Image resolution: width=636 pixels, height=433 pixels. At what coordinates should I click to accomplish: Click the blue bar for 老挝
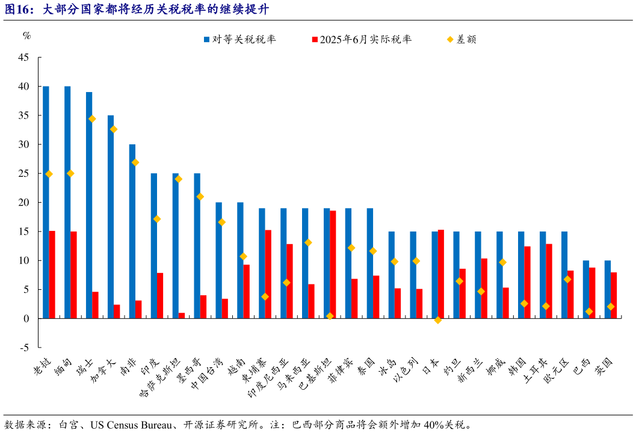coord(46,202)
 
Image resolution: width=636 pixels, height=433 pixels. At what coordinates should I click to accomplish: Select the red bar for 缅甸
coord(73,275)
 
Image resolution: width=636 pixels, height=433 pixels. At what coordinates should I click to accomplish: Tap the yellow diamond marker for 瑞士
coord(92,119)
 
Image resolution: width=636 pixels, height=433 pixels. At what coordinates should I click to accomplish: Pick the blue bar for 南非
coord(132,231)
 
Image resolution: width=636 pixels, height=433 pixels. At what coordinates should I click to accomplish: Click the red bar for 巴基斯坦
coord(333,265)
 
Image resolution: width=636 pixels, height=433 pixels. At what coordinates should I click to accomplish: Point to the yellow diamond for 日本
coord(437,320)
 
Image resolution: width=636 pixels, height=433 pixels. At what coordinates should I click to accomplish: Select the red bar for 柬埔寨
coord(268,274)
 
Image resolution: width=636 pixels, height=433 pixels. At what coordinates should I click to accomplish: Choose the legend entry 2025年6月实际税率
coord(361,40)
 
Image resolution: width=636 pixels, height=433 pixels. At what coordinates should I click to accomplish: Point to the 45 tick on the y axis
coord(23,58)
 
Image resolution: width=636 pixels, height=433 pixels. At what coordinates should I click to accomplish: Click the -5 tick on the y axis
coord(23,348)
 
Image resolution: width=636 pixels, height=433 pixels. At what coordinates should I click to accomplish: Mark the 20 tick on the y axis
coord(23,203)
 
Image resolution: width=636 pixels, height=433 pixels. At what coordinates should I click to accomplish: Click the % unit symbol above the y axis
coord(26,35)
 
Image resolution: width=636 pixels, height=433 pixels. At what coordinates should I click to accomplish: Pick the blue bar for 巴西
coord(586,289)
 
